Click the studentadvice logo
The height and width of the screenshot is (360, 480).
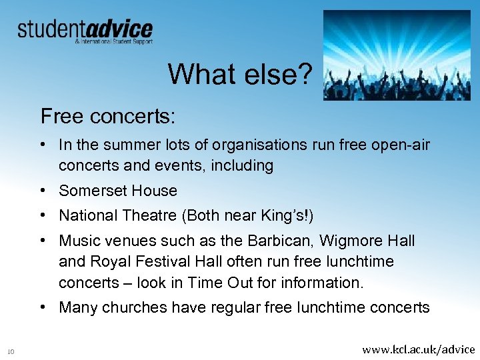tap(85, 31)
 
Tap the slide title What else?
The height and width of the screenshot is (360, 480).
tap(239, 74)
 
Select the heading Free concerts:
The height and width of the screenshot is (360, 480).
tap(108, 116)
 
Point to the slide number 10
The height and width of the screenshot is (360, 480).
tap(11, 351)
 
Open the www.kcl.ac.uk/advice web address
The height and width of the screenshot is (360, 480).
tap(418, 349)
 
